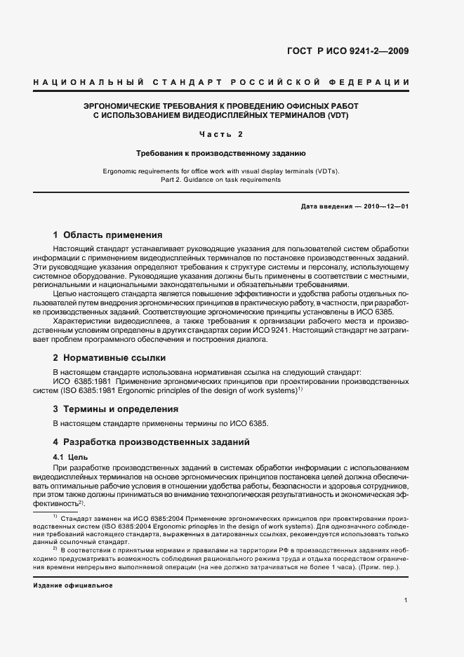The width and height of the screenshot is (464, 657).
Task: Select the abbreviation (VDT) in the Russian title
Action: [336, 114]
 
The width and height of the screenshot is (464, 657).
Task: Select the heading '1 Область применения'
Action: [107, 235]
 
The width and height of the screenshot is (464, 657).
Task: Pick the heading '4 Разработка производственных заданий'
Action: [147, 442]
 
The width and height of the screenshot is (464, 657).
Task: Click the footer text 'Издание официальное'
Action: [73, 585]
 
